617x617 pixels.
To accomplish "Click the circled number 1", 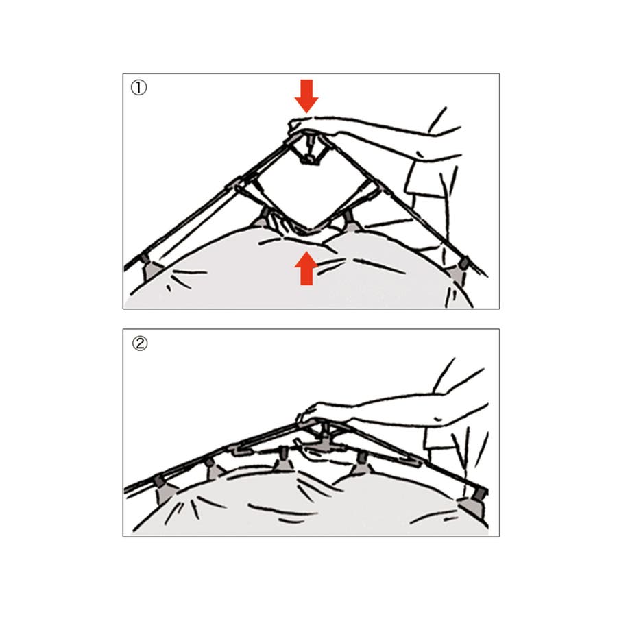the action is point(138,87).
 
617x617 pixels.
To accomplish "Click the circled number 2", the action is point(140,343).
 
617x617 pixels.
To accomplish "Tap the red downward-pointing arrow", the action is point(306,96).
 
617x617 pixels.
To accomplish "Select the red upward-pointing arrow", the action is point(306,268).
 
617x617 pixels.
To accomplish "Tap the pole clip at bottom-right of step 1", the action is point(461,269).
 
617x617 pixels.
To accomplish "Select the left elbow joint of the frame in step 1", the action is point(239,184).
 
